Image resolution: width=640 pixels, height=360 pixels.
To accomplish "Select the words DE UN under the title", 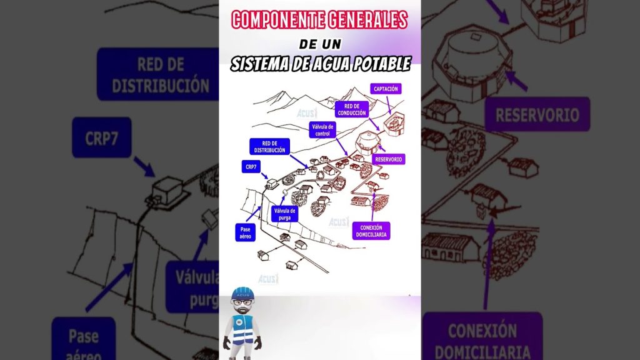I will (319, 44).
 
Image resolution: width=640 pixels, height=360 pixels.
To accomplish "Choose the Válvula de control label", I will (322, 129).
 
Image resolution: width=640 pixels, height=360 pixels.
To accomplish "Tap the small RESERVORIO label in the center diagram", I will (389, 159).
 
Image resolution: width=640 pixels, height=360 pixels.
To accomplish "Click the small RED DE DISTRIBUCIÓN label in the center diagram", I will (269, 147).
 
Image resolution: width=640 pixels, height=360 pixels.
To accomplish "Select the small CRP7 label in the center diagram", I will (251, 167).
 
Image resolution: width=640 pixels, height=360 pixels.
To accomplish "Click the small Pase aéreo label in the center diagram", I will (244, 232).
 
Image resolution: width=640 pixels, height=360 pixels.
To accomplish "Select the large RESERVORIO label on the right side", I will (537, 114).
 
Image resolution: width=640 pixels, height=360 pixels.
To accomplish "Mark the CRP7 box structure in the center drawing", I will (272, 183).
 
